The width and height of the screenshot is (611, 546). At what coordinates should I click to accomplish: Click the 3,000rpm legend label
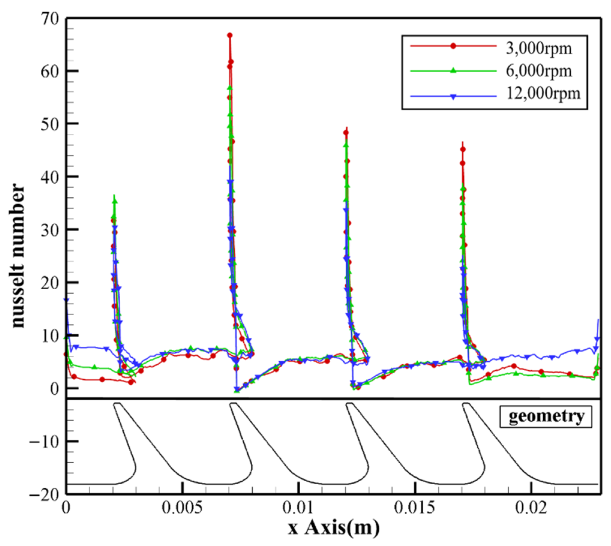pyautogui.click(x=539, y=48)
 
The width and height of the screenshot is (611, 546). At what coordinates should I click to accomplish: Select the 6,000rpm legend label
pyautogui.click(x=539, y=71)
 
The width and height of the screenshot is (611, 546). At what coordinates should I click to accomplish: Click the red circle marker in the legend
pyautogui.click(x=453, y=46)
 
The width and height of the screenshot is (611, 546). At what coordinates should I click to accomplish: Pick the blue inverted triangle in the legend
pyautogui.click(x=453, y=97)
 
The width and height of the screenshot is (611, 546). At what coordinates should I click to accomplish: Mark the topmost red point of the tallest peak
pyautogui.click(x=229, y=35)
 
